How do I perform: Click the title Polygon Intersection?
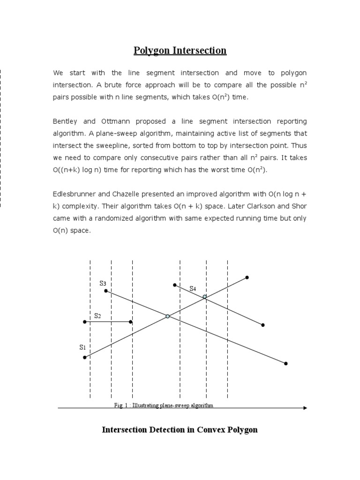180,51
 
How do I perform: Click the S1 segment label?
82,347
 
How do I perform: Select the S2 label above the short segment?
97,316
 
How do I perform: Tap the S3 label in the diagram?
103,283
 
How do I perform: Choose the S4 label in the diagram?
193,289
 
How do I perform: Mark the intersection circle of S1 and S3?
167,316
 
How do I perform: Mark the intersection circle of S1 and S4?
205,297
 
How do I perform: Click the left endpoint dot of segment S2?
84,322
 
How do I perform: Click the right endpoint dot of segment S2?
131,322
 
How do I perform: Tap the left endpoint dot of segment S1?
84,358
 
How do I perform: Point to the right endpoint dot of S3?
285,363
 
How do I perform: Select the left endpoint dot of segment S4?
174,285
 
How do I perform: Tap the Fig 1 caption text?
164,405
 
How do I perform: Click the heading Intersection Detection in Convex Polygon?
180,429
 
